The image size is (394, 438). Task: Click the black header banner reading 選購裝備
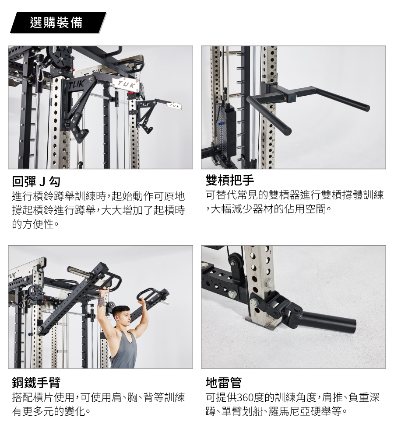[58, 23]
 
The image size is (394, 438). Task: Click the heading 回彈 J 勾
[36, 181]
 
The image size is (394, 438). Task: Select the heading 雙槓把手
[230, 180]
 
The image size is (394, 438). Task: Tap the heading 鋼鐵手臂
[36, 382]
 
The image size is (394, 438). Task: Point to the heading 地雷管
[224, 382]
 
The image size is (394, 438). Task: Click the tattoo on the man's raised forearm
[101, 303]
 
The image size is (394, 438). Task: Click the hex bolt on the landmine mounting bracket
[253, 302]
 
